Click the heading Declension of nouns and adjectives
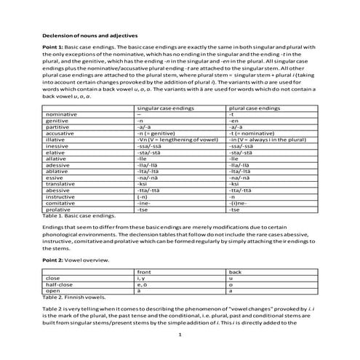tap(89, 34)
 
